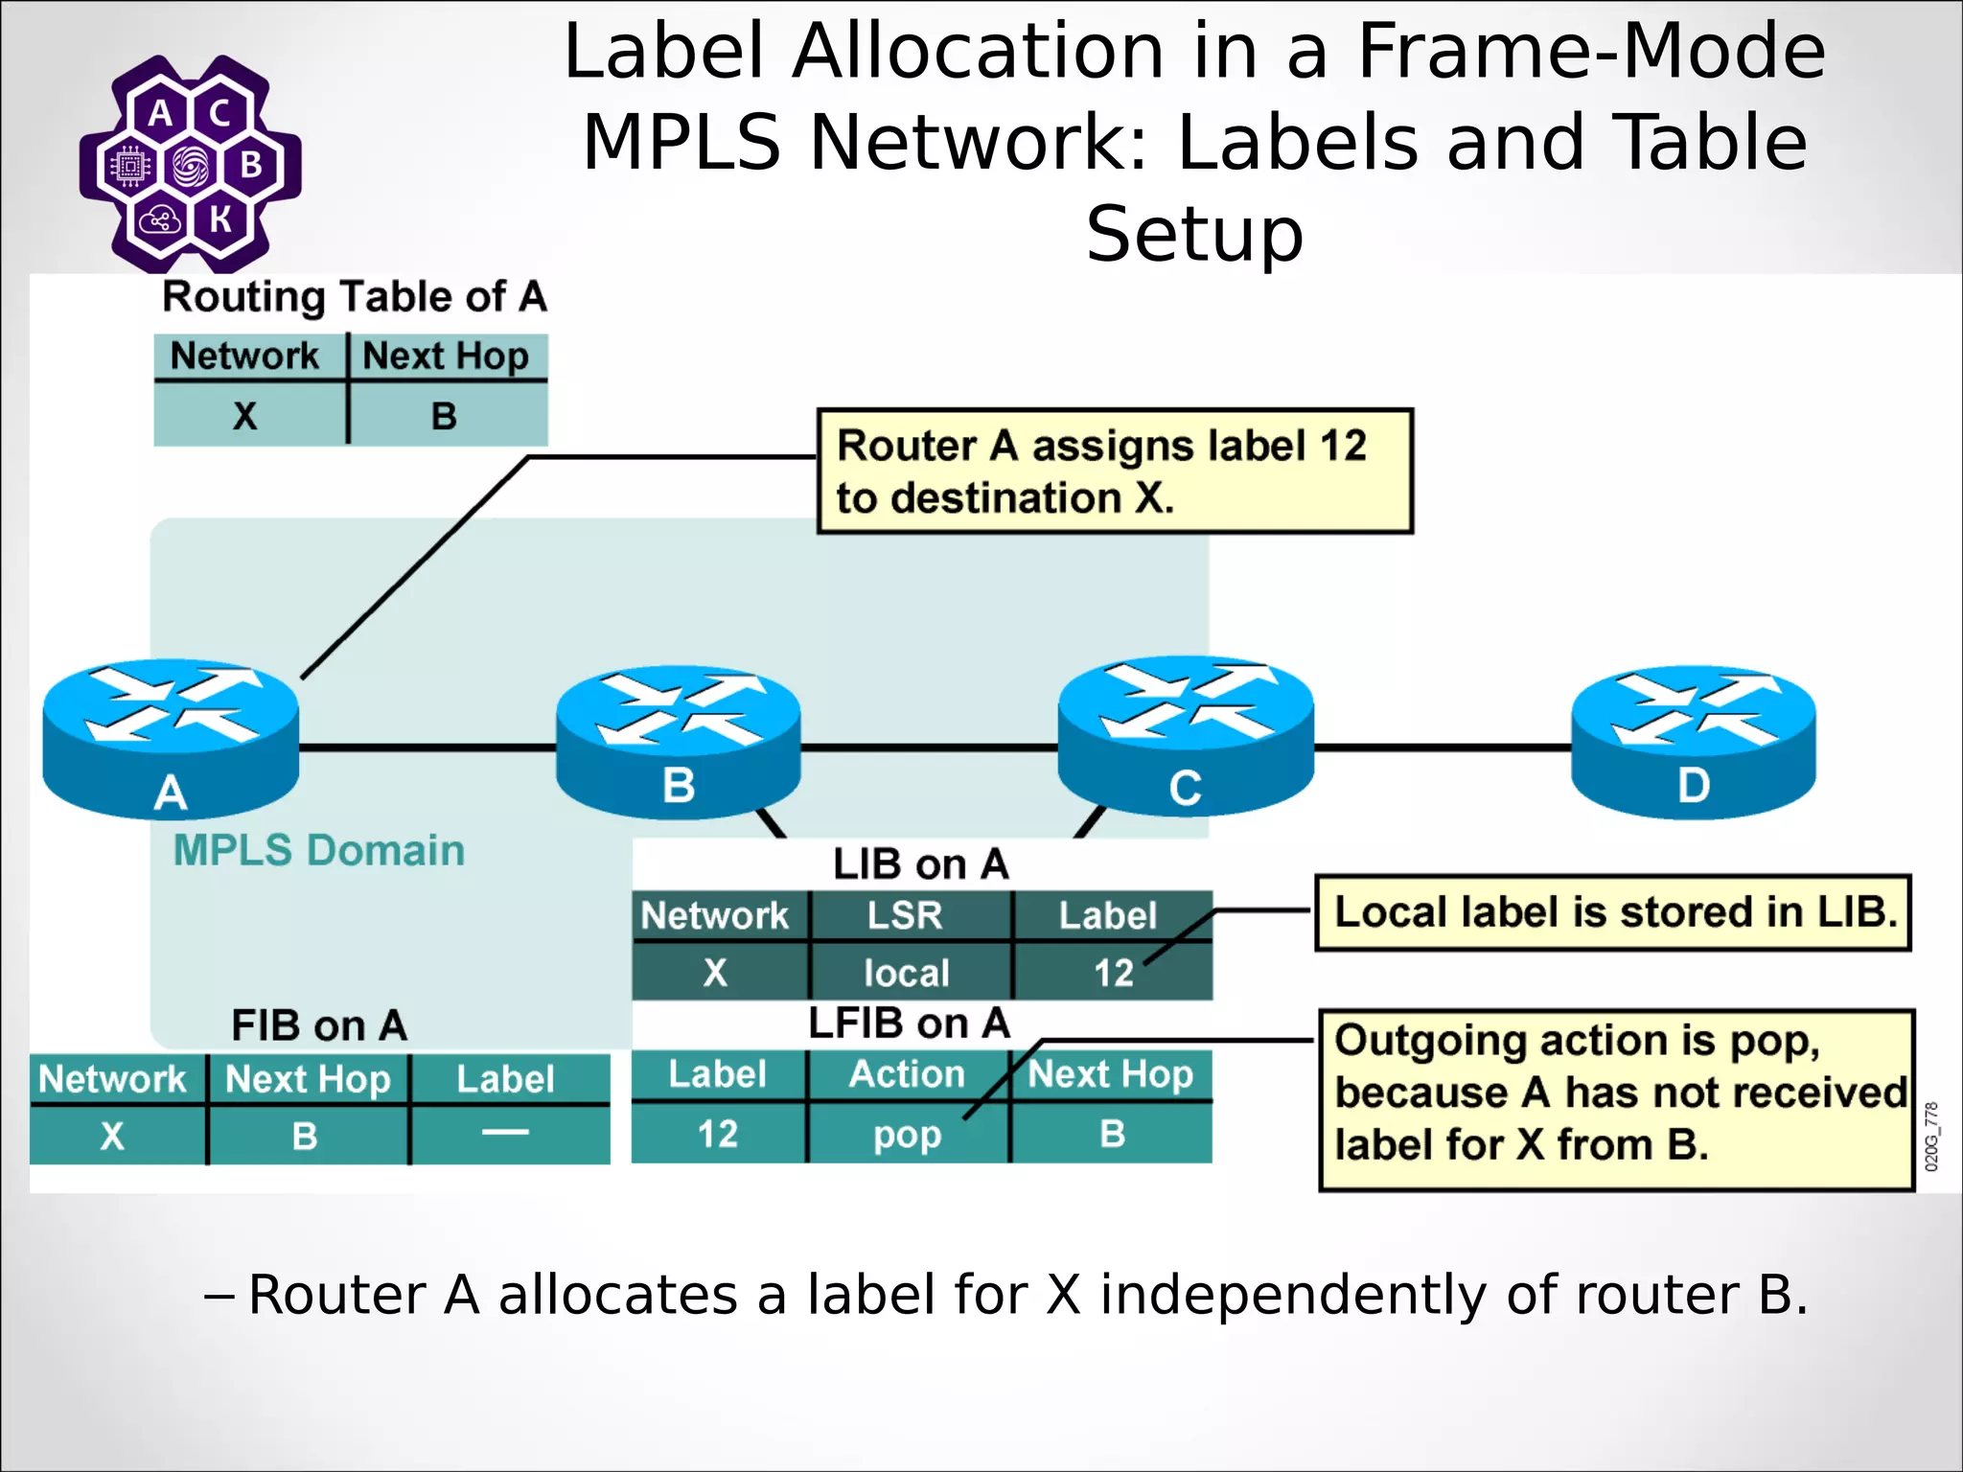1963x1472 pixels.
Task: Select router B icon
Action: click(678, 742)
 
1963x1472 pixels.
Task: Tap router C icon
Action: click(1185, 736)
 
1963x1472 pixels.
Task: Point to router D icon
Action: click(1693, 742)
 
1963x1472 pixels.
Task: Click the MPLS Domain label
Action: click(318, 851)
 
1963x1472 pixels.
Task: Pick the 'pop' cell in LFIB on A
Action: click(907, 1135)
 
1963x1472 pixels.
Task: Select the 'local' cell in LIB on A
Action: click(907, 974)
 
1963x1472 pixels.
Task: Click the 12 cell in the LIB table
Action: click(1113, 974)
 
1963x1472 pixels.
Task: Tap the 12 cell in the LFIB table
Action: click(717, 1135)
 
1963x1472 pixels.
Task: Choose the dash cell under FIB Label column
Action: click(505, 1133)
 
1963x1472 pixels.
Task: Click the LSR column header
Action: click(905, 915)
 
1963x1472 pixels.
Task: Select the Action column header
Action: click(907, 1074)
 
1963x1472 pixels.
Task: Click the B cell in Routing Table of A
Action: click(444, 416)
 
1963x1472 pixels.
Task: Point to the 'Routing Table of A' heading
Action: click(354, 297)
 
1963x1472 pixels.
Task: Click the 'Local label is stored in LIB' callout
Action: click(1614, 912)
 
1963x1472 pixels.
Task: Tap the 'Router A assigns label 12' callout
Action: click(1114, 471)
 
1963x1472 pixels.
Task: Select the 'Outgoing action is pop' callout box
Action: click(1616, 1098)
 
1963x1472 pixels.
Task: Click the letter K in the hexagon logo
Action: click(221, 219)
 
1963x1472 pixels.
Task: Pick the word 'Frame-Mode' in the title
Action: click(1591, 52)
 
